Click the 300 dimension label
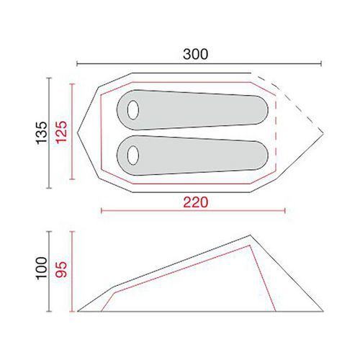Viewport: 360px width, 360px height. point(195,54)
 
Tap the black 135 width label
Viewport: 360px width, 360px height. point(42,132)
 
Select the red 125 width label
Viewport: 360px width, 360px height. point(61,132)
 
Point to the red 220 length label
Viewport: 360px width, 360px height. point(196,202)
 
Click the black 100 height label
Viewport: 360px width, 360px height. point(42,268)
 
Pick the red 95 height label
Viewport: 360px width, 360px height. point(61,269)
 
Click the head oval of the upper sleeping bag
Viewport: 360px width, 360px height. point(133,110)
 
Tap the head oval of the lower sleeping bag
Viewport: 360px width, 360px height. point(133,155)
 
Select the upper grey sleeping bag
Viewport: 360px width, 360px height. point(192,110)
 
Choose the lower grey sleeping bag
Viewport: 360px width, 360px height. point(192,156)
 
